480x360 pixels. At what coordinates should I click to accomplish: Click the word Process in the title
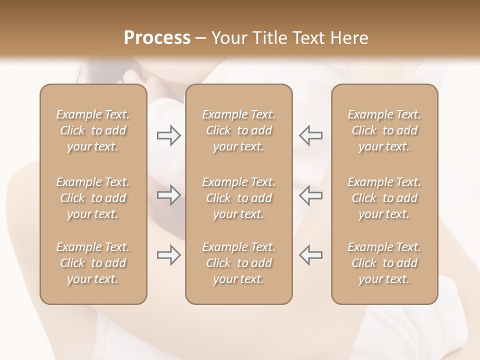pos(157,38)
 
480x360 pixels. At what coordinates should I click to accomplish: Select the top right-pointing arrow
pos(169,135)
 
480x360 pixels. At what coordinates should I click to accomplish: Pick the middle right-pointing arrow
pos(169,195)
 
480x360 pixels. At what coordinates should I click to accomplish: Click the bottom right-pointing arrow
pos(169,255)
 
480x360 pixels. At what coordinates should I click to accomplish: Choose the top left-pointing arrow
pos(310,135)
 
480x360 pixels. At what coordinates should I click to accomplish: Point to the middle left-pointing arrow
pos(310,195)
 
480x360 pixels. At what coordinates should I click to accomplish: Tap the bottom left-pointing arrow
pos(310,255)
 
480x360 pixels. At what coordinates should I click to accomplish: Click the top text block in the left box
pos(93,130)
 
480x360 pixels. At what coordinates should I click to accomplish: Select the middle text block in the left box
pos(93,198)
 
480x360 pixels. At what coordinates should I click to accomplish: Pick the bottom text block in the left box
pos(93,263)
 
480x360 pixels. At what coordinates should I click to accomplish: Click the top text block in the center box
pos(238,130)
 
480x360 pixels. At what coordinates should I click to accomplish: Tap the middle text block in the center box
pos(238,198)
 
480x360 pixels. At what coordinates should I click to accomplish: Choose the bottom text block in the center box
pos(238,263)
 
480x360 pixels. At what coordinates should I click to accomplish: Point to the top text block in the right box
pos(384,130)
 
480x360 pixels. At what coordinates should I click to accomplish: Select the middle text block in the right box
pos(384,198)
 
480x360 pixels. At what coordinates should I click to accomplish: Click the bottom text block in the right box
pos(384,263)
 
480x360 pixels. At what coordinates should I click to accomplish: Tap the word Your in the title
pos(228,38)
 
